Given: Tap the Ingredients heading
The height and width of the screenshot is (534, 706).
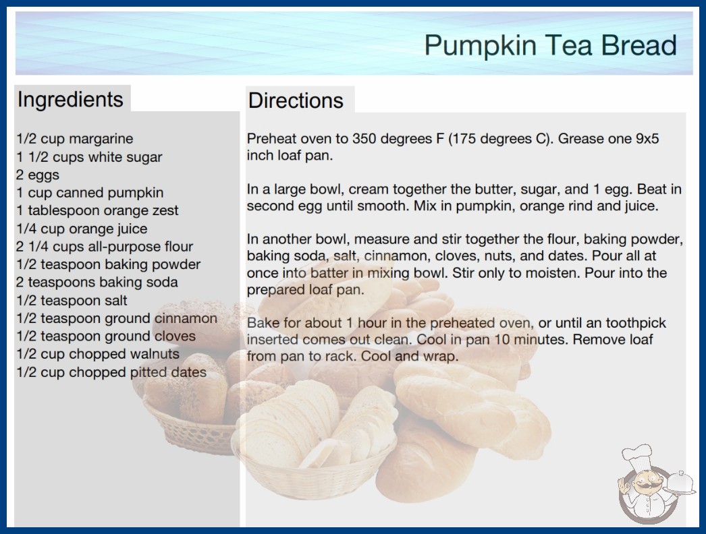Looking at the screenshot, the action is point(70,99).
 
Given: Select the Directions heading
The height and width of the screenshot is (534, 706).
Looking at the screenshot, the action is point(296,100).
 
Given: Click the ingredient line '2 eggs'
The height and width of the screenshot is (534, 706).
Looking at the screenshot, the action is point(38,175).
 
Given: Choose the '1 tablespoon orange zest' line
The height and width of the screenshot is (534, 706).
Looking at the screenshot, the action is point(97,210).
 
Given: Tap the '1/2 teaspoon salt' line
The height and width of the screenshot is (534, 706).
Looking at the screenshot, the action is point(72,300).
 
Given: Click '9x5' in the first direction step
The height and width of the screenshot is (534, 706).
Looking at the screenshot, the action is point(647,139).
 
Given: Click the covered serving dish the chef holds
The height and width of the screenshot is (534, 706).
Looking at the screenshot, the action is point(680,483).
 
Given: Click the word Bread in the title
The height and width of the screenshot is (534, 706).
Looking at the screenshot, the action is point(639,45).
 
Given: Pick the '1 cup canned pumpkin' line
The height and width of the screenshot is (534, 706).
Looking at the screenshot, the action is point(90,193).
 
